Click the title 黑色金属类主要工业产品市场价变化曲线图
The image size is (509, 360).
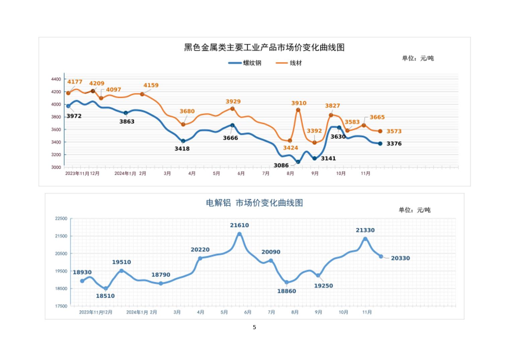click(264, 47)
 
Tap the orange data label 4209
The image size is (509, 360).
click(96, 83)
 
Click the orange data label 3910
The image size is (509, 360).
click(299, 103)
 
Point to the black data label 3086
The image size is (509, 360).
click(281, 165)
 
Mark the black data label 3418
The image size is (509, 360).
click(182, 148)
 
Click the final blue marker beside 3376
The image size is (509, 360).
click(380, 144)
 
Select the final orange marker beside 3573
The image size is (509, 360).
click(380, 131)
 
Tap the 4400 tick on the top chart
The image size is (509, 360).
click(56, 79)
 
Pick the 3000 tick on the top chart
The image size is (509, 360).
click(56, 167)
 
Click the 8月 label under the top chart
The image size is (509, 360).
click(290, 174)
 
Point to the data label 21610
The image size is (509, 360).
click(239, 225)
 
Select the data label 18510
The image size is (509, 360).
click(105, 296)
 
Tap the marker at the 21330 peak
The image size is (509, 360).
click(365, 239)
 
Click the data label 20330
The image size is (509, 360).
click(400, 258)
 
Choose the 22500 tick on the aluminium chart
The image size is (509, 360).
click(61, 219)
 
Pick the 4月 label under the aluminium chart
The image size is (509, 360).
click(201, 312)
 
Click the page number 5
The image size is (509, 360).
click(254, 327)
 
